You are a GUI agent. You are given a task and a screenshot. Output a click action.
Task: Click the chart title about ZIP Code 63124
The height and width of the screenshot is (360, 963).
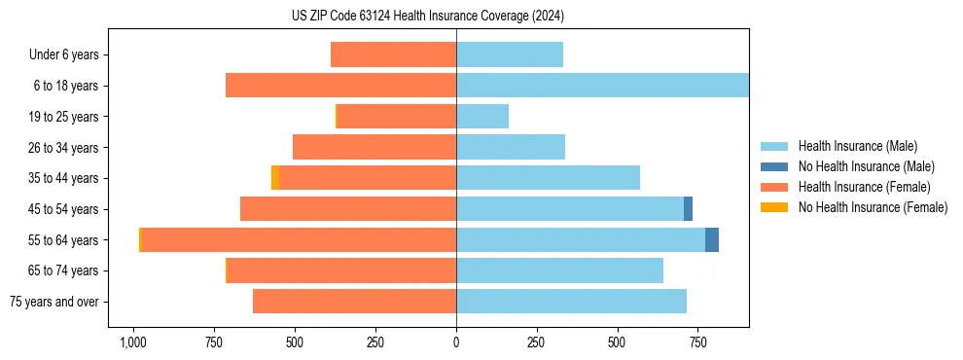tap(428, 16)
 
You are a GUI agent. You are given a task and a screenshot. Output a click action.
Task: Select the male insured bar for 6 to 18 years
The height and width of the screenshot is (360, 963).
tap(602, 86)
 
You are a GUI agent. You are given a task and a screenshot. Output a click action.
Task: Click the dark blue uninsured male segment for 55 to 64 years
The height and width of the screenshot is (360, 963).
tap(712, 239)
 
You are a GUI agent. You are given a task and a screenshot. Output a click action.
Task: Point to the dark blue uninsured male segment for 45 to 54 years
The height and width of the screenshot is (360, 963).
tap(688, 208)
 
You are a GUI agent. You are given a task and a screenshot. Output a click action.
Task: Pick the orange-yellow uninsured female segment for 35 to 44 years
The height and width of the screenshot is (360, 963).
tap(275, 178)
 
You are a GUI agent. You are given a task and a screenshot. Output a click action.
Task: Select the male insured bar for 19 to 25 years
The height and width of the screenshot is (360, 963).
tap(482, 117)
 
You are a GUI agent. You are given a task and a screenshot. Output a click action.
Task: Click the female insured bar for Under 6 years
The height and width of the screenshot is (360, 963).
tap(394, 54)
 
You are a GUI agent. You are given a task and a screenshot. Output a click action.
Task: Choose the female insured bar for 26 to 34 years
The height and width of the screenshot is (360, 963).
tap(374, 147)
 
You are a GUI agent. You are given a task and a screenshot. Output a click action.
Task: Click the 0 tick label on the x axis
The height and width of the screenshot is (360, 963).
tap(456, 342)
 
